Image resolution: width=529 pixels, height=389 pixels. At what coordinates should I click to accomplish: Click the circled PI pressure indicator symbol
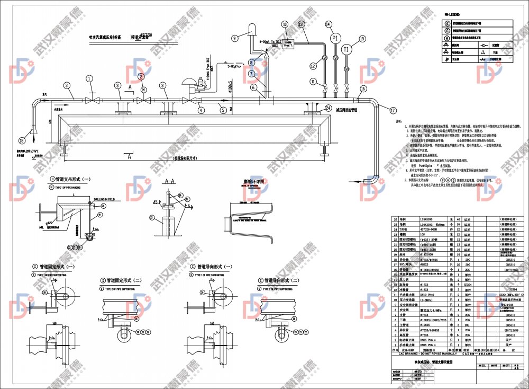[x=334, y=39]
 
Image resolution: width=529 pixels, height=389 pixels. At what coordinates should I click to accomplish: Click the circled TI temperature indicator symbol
[x=346, y=50]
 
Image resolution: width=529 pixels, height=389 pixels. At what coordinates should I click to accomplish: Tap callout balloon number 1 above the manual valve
[x=90, y=78]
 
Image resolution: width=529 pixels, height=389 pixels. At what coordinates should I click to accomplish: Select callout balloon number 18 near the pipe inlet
[x=21, y=141]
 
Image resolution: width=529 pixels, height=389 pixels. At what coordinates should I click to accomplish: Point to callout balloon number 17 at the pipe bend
[x=392, y=111]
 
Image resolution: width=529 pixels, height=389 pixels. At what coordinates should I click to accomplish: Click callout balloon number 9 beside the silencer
[x=235, y=38]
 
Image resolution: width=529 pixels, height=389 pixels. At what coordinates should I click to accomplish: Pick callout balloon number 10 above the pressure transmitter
[x=285, y=24]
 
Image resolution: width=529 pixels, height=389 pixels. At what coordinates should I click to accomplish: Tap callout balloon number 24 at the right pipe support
[x=328, y=108]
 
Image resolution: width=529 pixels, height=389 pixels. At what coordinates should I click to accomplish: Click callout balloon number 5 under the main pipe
[x=223, y=110]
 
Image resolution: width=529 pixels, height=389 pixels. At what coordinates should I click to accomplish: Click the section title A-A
[x=170, y=181]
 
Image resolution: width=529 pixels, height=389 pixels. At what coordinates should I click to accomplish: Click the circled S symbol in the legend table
[x=447, y=23]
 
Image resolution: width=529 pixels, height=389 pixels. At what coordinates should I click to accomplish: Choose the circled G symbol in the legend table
[x=447, y=31]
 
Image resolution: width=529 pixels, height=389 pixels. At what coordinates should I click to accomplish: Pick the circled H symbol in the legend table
[x=447, y=38]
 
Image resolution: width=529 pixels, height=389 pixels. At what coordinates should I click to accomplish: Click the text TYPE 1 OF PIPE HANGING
[x=70, y=187]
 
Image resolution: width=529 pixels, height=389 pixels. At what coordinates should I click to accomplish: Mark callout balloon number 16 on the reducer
[x=363, y=89]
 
